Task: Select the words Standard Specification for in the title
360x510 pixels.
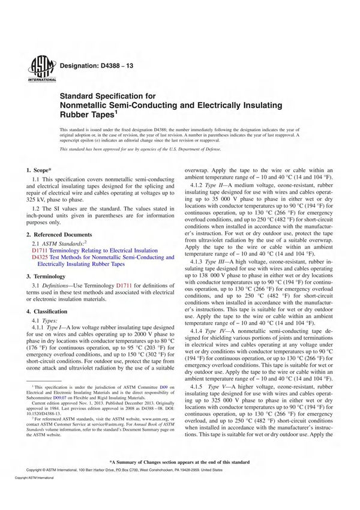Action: pos(107,95)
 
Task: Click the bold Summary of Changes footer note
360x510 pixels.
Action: pos(179,462)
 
